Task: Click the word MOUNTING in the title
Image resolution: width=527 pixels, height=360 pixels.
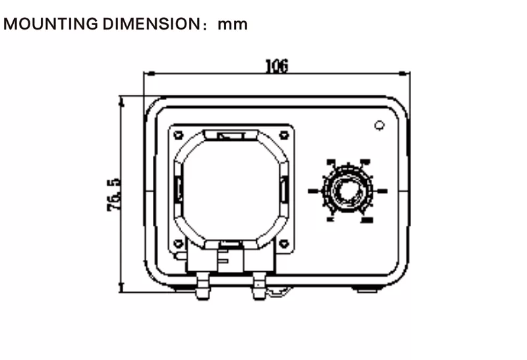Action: click(51, 25)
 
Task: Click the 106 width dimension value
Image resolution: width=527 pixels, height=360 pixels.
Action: click(277, 66)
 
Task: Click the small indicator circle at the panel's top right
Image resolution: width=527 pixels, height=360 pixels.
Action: click(379, 125)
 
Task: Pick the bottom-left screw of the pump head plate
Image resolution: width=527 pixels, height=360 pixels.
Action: click(178, 244)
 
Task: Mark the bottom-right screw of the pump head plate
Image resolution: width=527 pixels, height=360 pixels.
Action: click(284, 244)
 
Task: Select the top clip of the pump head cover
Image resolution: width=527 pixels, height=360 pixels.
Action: click(231, 136)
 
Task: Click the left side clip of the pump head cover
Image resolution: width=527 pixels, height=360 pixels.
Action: click(179, 190)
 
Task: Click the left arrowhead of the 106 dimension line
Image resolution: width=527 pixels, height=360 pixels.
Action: click(148, 74)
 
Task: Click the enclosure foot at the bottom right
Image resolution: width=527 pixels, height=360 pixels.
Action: click(366, 288)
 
